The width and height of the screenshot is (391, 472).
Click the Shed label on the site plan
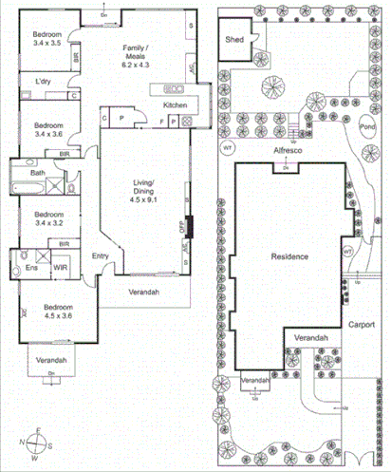coord(234,40)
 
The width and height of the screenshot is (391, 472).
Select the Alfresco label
coord(286,150)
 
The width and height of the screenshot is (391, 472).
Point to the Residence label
coord(289,257)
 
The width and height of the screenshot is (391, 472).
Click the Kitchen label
coord(176,104)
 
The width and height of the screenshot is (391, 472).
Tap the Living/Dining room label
coord(142,186)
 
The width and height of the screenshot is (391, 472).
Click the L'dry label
coord(43,83)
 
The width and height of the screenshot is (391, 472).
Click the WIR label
coord(59,269)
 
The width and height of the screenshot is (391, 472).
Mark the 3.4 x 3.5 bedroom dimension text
coord(47,44)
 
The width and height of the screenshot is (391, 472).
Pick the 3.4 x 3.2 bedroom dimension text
coord(47,227)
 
